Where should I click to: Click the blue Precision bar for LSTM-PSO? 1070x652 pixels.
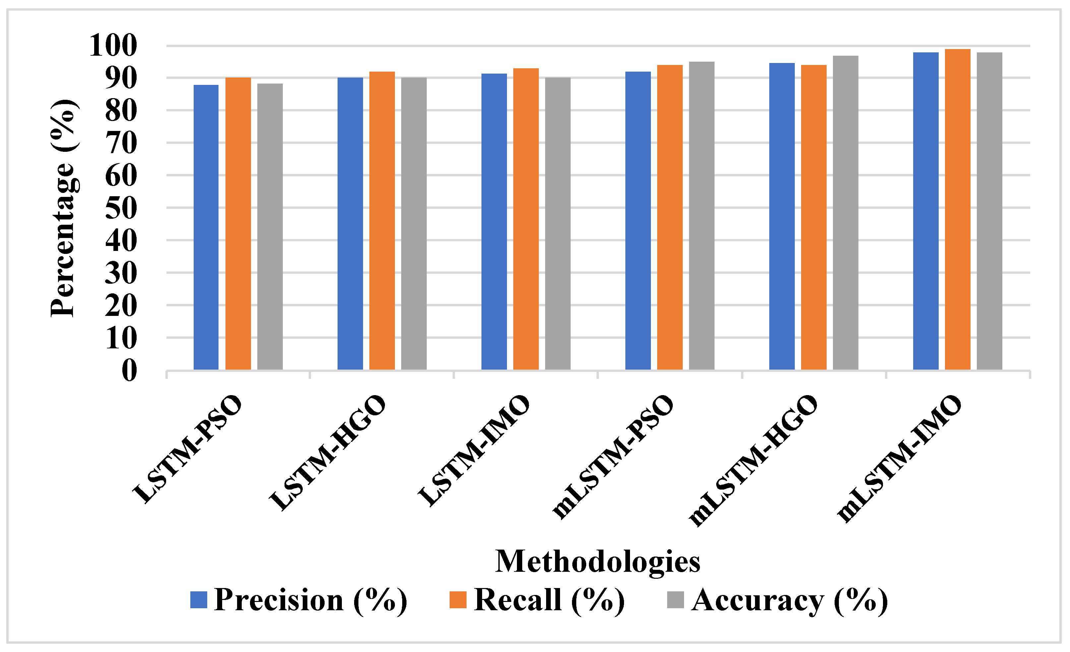coord(206,227)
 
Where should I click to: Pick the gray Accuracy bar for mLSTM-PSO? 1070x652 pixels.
coord(702,216)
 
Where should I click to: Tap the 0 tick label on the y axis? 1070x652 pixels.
coord(129,370)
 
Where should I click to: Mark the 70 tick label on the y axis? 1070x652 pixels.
coord(121,143)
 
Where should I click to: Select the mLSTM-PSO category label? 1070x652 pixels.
coord(613,457)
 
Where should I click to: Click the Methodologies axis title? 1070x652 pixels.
coord(598,562)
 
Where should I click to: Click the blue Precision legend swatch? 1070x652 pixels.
coord(199,600)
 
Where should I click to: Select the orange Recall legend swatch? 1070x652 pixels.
coord(458,600)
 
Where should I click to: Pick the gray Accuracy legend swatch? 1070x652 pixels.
coord(675,600)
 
